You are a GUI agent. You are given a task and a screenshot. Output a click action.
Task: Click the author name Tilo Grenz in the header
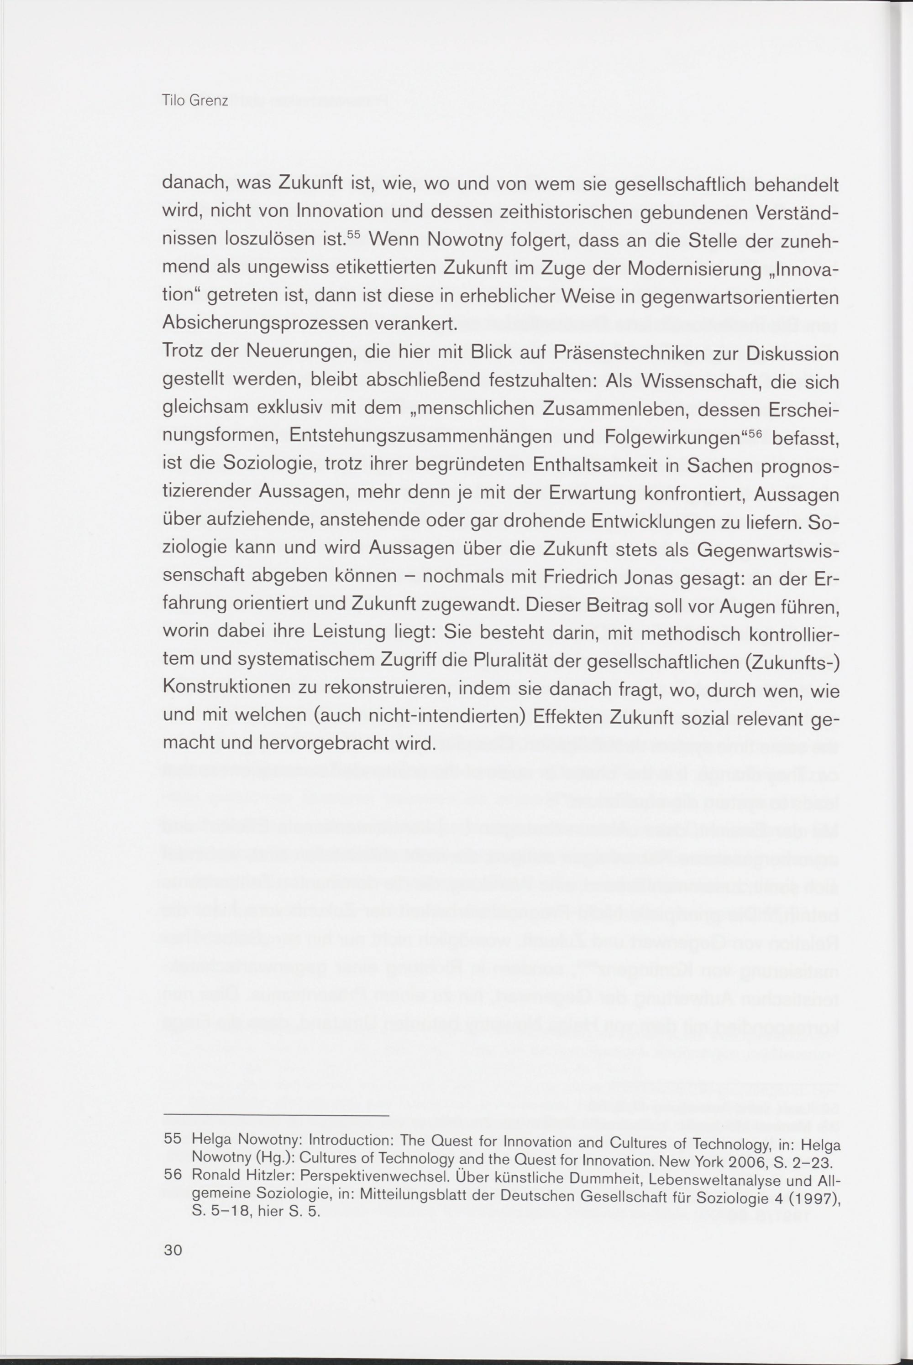195,101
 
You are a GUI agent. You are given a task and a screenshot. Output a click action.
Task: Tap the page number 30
173,1250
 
